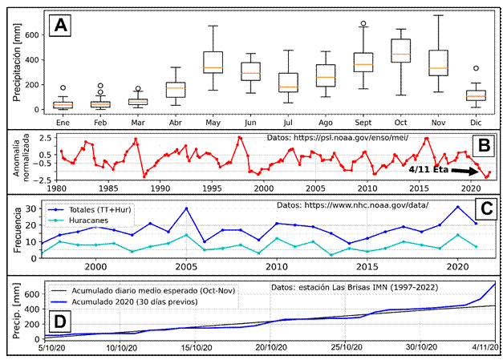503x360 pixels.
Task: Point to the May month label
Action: click(213, 123)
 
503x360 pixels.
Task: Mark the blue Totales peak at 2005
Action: click(186, 208)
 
